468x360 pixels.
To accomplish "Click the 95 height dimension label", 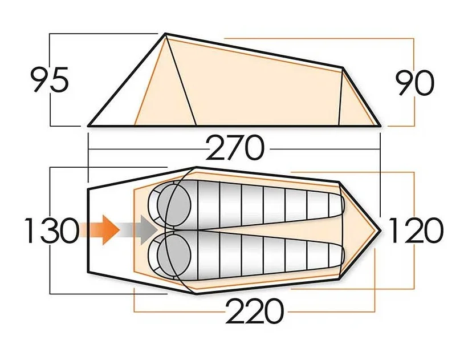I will click(50, 80).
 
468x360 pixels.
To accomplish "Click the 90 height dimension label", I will click(415, 83).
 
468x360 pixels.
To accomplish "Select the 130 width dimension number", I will click(51, 231).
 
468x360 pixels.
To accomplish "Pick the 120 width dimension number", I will click(414, 231).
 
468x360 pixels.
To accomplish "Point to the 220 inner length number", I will click(254, 312).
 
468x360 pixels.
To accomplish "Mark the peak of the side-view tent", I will click(166, 34).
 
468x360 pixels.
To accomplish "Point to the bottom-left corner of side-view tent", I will click(89, 125).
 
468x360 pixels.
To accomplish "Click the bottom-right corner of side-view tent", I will click(380, 125).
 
